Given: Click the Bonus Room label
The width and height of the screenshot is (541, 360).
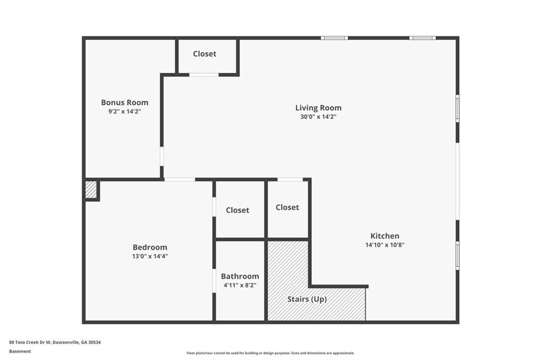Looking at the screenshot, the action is [125, 102].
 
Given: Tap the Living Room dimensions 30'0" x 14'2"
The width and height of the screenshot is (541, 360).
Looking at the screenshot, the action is [318, 117].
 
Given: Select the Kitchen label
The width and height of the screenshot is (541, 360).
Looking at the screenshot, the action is [385, 236].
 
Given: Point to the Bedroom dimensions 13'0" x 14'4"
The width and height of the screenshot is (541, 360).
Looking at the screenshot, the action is [150, 256].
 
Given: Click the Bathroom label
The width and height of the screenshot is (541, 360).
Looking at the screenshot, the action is [240, 276].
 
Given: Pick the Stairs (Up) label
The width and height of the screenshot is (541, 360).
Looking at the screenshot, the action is [307, 299].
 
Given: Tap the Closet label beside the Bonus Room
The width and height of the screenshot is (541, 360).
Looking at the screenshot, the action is [204, 54].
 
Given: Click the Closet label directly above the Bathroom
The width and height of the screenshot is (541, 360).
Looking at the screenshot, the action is [237, 210].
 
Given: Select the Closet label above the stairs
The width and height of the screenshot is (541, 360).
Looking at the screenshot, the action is [287, 207].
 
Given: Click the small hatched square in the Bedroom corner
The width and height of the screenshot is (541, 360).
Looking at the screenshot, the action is [91, 190].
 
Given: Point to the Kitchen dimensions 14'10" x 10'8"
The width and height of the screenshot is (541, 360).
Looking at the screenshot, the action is [385, 245].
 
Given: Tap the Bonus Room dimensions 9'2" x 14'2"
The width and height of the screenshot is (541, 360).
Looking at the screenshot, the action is [125, 111].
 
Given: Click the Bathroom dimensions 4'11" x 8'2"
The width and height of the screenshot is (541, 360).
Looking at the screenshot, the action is [240, 285].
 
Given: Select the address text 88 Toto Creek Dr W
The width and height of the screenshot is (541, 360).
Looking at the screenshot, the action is [30, 343].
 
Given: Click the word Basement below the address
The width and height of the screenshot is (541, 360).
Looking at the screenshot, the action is [20, 352].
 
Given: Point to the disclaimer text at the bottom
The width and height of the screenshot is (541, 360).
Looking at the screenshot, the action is [270, 353].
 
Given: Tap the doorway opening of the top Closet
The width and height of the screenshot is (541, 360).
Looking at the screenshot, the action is [204, 74].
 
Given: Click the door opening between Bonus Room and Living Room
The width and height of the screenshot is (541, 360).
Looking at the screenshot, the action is [162, 157].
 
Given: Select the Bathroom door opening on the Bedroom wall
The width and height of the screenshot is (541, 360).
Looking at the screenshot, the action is [214, 281].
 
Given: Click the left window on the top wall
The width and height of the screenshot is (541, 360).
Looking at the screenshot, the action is [334, 38].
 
